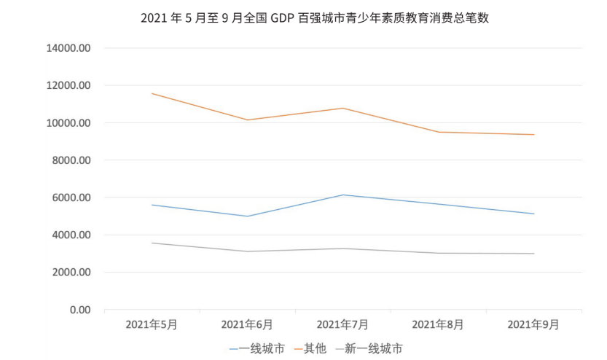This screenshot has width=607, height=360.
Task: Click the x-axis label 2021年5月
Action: pyautogui.click(x=152, y=324)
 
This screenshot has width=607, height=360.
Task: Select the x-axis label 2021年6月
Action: pyautogui.click(x=247, y=324)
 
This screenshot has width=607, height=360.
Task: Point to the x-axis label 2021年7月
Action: pyautogui.click(x=342, y=324)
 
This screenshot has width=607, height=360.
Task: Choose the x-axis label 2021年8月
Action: pyautogui.click(x=438, y=324)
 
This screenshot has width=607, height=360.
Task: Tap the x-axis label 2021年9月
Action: pyautogui.click(x=533, y=324)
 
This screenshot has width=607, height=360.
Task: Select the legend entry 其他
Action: pyautogui.click(x=315, y=348)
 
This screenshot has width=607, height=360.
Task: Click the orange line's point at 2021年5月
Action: pyautogui.click(x=152, y=93)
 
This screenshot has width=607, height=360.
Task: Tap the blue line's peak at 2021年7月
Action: pyautogui.click(x=342, y=195)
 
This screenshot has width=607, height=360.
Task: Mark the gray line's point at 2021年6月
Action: pyautogui.click(x=247, y=251)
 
